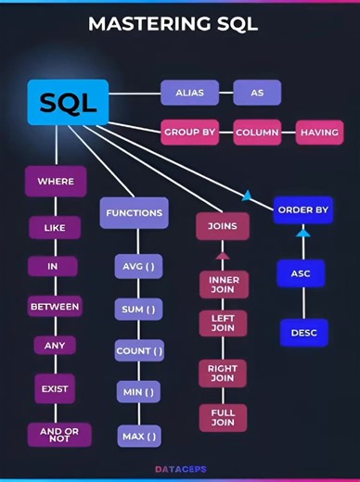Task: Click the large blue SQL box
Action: coord(68,102)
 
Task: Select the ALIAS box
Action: coord(189,93)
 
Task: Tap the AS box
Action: coord(257,93)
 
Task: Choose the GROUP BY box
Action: coord(189,133)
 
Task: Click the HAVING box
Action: coord(320,133)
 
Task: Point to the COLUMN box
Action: coord(257,133)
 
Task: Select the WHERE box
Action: coord(56,182)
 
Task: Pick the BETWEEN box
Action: coord(56,306)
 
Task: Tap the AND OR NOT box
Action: coord(56,433)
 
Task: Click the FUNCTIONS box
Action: coord(135,212)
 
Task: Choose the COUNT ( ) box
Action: coord(139,350)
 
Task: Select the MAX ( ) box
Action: coord(139,435)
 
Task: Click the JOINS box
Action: coord(223,226)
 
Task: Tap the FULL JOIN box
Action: coord(223,416)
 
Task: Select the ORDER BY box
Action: coord(303,210)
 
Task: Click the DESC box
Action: coord(303,332)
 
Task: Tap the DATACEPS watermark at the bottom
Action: coord(180,470)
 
